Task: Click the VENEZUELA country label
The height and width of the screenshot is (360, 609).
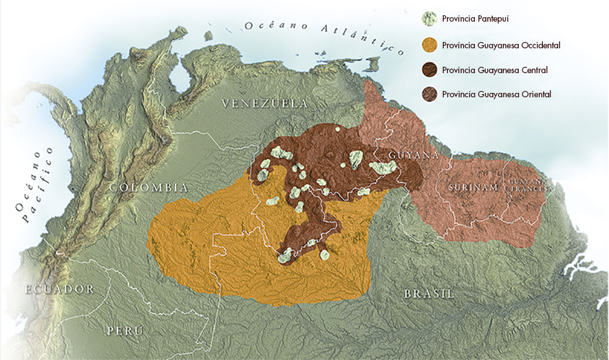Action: pyautogui.click(x=264, y=104)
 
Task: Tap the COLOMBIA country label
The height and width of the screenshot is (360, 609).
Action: pyautogui.click(x=149, y=188)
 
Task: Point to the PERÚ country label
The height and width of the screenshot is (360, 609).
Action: pyautogui.click(x=124, y=331)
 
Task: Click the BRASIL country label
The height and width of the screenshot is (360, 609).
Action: pyautogui.click(x=429, y=294)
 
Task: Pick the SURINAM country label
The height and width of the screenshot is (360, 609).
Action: pyautogui.click(x=472, y=188)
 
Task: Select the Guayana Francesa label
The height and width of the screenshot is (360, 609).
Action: pyautogui.click(x=527, y=185)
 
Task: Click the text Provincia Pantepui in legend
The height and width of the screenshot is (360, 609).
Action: pyautogui.click(x=475, y=19)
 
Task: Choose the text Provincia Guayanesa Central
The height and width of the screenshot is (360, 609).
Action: pyautogui.click(x=495, y=70)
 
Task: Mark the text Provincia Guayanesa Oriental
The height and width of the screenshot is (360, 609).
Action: pyautogui.click(x=496, y=94)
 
